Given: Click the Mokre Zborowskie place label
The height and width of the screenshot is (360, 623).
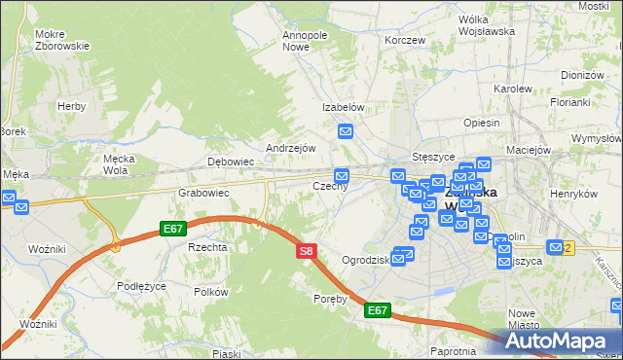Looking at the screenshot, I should tap(61, 40).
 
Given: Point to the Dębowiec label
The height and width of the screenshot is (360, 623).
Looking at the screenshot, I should tap(231, 162).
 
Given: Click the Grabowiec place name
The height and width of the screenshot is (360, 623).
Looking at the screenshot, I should tap(202, 193).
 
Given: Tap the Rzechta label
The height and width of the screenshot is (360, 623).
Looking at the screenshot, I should tap(207, 247).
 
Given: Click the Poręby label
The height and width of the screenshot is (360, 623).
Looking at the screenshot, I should tap(331, 299).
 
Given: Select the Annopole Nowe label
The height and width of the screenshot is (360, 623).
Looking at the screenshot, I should tap(304, 40).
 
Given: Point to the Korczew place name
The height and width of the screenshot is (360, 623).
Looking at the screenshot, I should tap(405, 40).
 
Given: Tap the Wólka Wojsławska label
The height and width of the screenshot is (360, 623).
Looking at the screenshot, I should tap(486, 25).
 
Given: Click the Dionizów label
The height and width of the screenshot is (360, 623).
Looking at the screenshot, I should tap(583, 74).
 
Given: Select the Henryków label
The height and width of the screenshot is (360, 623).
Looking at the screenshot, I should tap(571, 194).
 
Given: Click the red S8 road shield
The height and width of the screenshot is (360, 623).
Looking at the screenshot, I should tap(306, 251).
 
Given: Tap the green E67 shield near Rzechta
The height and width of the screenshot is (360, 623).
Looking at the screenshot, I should tap(173, 229).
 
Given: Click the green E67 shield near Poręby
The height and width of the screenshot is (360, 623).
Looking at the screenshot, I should tap(378, 310).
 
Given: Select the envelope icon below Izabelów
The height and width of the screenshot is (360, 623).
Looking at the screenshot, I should tap(346, 131).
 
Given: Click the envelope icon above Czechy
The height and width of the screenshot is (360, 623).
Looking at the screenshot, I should tap(340, 174).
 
